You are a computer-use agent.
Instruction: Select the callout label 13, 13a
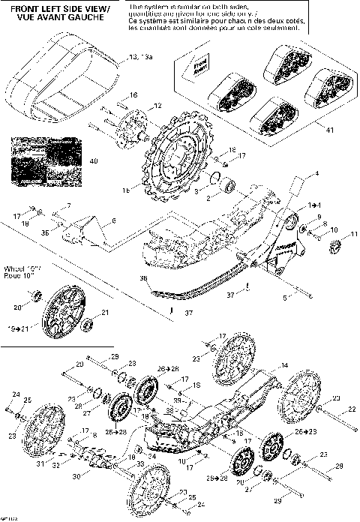coord(139,57)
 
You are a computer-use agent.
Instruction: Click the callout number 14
coord(283,365)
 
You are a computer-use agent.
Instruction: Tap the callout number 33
coord(140,465)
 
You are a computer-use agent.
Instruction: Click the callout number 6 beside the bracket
coord(113,220)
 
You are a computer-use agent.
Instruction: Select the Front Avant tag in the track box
coord(199,70)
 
